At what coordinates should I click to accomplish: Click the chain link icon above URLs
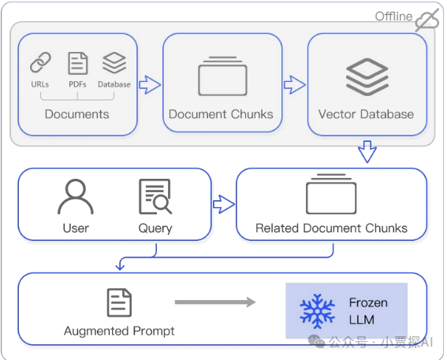tap(40, 62)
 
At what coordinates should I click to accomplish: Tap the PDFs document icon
tap(78, 63)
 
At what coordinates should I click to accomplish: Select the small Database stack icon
tap(114, 63)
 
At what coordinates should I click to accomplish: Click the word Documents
tap(77, 114)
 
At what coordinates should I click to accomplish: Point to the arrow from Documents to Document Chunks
tap(150, 84)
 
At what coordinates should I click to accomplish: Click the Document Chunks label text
tap(221, 114)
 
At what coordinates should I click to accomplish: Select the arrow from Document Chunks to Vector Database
tap(295, 84)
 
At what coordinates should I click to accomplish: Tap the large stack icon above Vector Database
tap(367, 77)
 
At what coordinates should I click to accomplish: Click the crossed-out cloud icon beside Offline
tap(427, 20)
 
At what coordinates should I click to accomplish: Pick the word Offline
tap(393, 17)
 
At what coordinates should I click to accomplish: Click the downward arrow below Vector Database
tap(367, 151)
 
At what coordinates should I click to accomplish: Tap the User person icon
tap(76, 196)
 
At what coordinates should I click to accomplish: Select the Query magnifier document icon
tap(155, 196)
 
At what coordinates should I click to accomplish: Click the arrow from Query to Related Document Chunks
tap(224, 204)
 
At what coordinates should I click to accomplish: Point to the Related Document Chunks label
tap(331, 228)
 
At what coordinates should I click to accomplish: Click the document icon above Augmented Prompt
tap(119, 302)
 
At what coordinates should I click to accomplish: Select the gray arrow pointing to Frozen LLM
tap(215, 302)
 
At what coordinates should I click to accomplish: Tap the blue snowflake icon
tap(317, 311)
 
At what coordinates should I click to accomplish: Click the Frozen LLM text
tap(368, 311)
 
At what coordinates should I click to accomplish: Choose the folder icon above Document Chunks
tap(222, 76)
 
